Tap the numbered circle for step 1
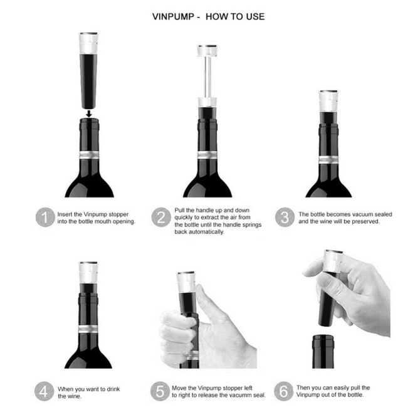pyautogui.click(x=43, y=218)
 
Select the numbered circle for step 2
pyautogui.click(x=161, y=218)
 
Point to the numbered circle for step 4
pyautogui.click(x=43, y=392)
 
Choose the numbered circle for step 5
pyautogui.click(x=161, y=392)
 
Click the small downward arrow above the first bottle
pyautogui.click(x=90, y=113)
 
